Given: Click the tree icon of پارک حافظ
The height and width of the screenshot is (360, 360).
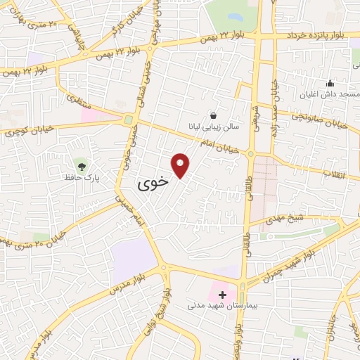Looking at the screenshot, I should click(x=83, y=166).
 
